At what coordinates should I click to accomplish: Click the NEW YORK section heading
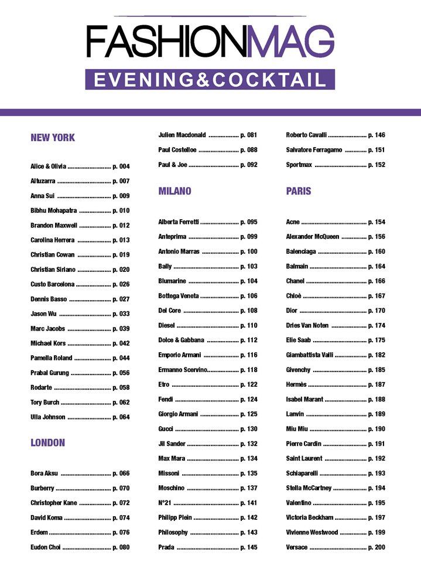pos(53,138)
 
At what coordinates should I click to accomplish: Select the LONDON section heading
pos(47,442)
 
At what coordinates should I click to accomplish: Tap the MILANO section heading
pos(174,191)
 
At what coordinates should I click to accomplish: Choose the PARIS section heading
pos(299,191)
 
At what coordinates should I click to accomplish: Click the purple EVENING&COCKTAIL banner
pos(210,80)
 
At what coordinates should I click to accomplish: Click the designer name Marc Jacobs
pos(48,328)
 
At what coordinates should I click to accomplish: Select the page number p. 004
pos(121,166)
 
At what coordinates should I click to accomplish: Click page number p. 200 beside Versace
pos(376,547)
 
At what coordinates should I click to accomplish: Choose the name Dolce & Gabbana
pos(181,340)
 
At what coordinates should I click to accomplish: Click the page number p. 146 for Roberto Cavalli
pos(376,135)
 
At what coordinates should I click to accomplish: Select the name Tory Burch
pos(45,402)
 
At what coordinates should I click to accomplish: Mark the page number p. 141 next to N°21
pos(249,503)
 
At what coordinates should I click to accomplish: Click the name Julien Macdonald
pos(182,135)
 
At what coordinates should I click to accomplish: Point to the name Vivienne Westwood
pos(312,532)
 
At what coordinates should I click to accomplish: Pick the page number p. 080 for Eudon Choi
pos(121,547)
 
